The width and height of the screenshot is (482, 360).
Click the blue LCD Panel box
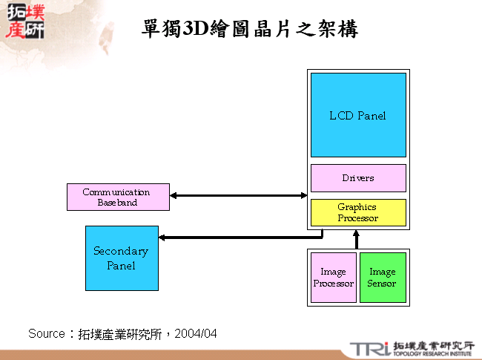358,115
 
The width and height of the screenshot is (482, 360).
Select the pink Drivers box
358,178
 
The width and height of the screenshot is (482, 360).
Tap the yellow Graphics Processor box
358,212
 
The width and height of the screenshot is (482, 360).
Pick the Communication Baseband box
117,197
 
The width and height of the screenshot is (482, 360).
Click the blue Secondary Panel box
122,258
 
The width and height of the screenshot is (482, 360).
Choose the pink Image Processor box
334,278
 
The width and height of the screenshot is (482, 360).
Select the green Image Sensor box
383,278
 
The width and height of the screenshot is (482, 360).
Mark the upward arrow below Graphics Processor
357,238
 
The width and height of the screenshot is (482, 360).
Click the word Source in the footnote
47,334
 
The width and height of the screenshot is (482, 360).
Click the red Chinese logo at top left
24,22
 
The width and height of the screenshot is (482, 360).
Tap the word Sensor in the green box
382,284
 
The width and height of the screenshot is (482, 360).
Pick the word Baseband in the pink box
117,203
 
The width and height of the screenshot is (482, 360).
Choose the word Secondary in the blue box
121,251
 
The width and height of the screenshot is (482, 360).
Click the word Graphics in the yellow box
357,207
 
